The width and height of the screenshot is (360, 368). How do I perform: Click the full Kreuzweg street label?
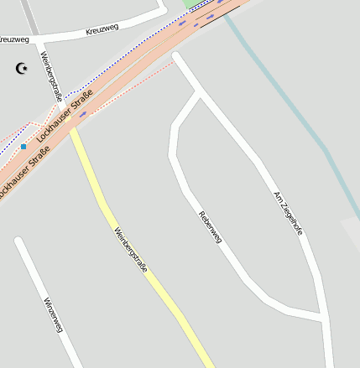coord(102,29)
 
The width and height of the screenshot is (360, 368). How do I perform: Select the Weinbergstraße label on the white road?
coord(51,77)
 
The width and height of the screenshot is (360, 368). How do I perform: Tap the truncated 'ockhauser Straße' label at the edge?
coord(23,171)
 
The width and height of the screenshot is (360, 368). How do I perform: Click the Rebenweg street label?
coord(210,226)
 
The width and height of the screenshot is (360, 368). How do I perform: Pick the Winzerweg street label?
coord(53,314)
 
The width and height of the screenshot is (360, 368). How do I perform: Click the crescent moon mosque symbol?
coord(22,68)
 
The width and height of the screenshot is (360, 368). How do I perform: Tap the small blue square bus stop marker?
coord(23,146)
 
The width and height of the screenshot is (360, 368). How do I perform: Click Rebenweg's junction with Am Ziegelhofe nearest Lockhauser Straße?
coord(200,92)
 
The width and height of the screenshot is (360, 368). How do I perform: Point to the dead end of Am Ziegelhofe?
coord(176,57)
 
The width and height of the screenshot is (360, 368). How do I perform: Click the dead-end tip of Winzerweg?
coord(18,241)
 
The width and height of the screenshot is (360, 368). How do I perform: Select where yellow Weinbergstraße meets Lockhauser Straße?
coord(74,127)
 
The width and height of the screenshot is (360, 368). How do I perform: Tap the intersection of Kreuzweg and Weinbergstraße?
coord(39,39)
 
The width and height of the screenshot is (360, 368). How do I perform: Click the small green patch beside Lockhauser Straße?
coord(187,3)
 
